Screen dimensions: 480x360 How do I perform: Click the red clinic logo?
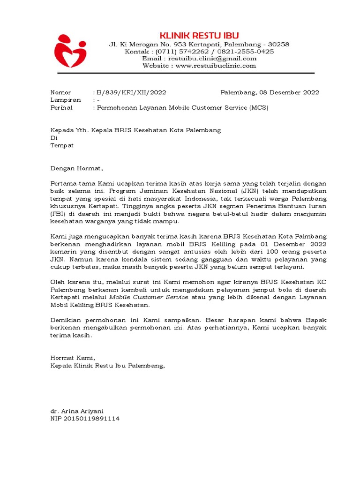pyautogui.click(x=70, y=50)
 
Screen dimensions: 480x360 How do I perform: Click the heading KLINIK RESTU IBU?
pyautogui.click(x=199, y=36)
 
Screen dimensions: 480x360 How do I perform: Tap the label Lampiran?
pyautogui.click(x=66, y=100)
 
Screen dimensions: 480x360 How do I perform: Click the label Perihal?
pyautogui.click(x=63, y=107)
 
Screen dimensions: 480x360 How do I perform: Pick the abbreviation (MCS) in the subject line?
pyautogui.click(x=259, y=107)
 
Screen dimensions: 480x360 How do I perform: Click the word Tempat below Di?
pyautogui.click(x=62, y=145)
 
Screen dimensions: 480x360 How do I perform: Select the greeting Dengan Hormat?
pyautogui.click(x=75, y=168)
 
